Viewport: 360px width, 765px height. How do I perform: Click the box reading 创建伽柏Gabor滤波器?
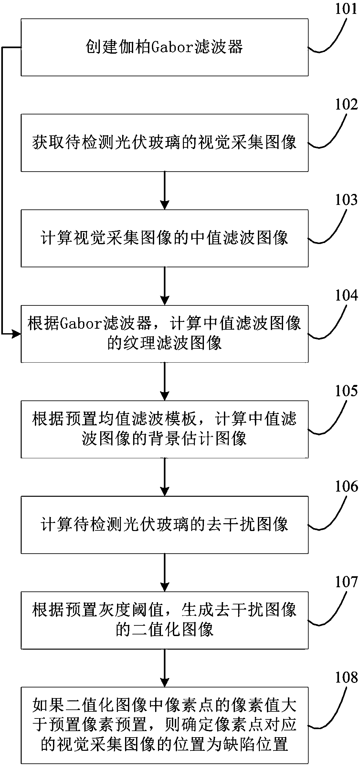(164, 48)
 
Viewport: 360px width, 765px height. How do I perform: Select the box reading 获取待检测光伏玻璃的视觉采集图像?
(164, 143)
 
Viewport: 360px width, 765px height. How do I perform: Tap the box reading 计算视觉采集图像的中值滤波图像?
(164, 239)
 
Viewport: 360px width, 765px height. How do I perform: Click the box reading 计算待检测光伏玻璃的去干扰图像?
(164, 525)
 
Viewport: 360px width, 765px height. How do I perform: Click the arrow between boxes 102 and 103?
(165, 190)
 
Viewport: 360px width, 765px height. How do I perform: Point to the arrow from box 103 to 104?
(165, 286)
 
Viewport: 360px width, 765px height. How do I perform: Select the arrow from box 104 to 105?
(165, 382)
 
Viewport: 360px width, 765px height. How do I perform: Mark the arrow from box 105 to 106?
(165, 477)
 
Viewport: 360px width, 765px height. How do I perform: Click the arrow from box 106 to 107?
(165, 573)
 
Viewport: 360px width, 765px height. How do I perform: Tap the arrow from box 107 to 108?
(165, 668)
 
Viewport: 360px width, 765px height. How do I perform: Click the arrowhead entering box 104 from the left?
(16, 334)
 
